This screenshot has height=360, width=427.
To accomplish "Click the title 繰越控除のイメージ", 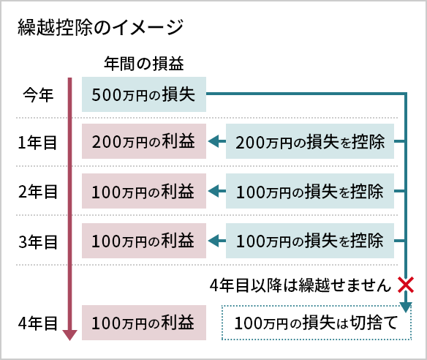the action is point(100,28).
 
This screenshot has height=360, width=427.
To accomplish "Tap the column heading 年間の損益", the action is point(144,64).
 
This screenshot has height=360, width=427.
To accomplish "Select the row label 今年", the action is point(38,95).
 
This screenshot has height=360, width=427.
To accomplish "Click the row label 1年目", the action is point(37,143).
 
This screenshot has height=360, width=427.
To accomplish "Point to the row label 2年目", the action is point(37,192).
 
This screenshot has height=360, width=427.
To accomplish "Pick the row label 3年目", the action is point(37,241).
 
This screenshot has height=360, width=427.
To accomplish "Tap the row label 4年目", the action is point(37,323).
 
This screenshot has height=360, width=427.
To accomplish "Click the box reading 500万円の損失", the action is point(144,94).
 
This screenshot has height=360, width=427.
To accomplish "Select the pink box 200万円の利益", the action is point(144,141).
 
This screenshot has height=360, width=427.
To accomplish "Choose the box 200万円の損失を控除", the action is point(310,141).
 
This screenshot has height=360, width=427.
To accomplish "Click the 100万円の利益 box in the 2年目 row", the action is point(144,191).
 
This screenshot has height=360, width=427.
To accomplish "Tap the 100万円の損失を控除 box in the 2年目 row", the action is point(310,191).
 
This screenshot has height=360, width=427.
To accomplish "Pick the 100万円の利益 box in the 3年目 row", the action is point(144,241).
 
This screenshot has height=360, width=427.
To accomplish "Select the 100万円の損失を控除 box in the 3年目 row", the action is point(310,241).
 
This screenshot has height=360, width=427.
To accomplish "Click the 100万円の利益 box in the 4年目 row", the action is point(144,323).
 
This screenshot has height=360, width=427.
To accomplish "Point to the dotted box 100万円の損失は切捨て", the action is point(317,323).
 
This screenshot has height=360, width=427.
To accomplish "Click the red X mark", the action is point(406,285).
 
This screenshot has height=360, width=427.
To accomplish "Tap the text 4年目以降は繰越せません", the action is point(301,285).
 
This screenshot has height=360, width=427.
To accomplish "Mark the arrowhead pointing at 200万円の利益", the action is point(213,141).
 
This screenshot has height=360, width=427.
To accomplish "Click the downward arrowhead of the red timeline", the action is point(69,335).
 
